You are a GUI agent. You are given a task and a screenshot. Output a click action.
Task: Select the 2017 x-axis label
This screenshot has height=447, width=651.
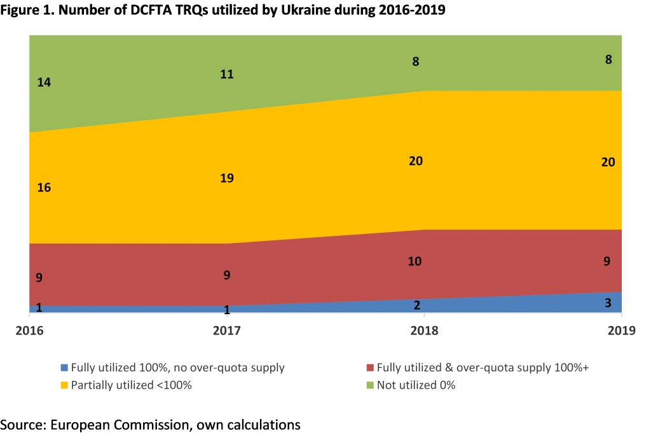[x=227, y=331]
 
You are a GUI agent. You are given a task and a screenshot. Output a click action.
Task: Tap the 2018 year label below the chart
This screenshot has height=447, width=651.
[x=424, y=331]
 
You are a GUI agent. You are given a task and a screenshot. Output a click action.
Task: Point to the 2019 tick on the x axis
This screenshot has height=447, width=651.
[x=620, y=331]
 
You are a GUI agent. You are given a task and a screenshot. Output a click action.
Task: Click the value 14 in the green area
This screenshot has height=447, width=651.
[x=44, y=82]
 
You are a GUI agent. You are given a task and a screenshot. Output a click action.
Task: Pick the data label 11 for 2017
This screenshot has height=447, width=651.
[x=227, y=74]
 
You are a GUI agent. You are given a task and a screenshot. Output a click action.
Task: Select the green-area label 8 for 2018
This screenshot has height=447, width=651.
[x=416, y=62]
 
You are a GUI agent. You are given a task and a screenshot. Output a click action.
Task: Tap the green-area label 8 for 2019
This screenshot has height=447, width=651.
[x=608, y=60]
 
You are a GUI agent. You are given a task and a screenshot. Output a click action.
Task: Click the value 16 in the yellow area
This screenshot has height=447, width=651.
[x=44, y=188]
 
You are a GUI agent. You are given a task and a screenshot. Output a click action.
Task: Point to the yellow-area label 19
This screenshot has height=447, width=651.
[x=227, y=178]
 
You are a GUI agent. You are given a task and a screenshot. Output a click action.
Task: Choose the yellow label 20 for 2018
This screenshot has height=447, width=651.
[x=416, y=161]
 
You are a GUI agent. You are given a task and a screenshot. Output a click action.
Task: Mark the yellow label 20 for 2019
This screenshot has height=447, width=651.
[x=608, y=162]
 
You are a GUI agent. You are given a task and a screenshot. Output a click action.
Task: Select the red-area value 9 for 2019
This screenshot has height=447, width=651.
[x=608, y=261]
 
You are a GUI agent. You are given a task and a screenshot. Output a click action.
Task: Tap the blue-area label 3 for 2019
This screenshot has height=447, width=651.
[x=608, y=303]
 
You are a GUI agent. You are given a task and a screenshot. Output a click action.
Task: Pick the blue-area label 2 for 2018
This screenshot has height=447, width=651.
[x=417, y=305]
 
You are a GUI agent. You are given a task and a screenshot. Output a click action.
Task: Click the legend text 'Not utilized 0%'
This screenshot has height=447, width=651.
[x=416, y=385]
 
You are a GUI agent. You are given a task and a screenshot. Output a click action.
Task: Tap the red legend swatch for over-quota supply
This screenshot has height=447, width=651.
[x=370, y=368]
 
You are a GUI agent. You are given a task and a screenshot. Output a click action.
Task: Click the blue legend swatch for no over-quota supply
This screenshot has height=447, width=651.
[x=64, y=368]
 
